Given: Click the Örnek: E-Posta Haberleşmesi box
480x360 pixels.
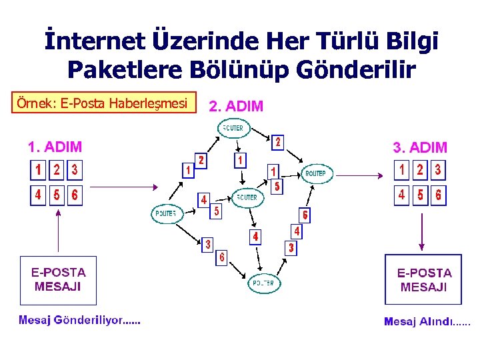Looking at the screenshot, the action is [x=107, y=103].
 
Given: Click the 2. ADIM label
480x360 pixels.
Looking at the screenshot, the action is [x=236, y=106].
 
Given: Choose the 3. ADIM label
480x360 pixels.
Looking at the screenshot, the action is [x=420, y=147].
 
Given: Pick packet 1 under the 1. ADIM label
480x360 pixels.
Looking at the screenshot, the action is [x=39, y=170].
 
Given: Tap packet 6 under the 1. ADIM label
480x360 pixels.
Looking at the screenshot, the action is [x=75, y=195].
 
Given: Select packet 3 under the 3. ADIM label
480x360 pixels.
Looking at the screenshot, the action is [x=437, y=170].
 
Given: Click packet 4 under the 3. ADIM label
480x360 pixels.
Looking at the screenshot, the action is [x=401, y=195].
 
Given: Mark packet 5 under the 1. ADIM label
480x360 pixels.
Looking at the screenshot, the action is [x=57, y=195].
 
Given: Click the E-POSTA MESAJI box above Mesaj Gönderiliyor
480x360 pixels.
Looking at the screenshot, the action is [x=58, y=280].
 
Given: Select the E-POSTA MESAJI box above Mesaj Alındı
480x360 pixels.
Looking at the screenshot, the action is [x=423, y=280].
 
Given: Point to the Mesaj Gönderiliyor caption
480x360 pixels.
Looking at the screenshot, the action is [x=79, y=320].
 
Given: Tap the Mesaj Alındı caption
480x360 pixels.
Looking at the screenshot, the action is [x=427, y=321].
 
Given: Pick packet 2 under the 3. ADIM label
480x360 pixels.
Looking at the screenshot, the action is [x=419, y=170].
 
